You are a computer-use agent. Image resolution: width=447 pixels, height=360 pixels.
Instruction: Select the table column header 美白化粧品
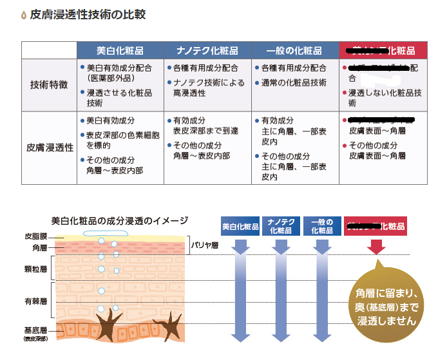[120, 50]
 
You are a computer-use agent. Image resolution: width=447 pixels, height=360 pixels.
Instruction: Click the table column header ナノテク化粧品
[207, 50]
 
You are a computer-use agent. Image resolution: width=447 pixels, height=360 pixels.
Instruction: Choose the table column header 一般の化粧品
[295, 50]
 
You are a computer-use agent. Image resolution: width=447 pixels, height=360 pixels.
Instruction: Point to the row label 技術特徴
[49, 85]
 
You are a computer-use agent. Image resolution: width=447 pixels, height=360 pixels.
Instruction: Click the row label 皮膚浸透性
[49, 147]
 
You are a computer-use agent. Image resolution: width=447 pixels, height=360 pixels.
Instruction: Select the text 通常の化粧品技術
[294, 82]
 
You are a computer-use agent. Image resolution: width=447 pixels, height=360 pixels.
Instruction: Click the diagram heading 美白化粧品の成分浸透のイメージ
[119, 221]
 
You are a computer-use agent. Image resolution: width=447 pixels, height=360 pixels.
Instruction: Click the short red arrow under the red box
[377, 247]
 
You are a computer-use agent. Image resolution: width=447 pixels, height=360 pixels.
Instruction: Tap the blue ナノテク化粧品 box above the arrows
[281, 227]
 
